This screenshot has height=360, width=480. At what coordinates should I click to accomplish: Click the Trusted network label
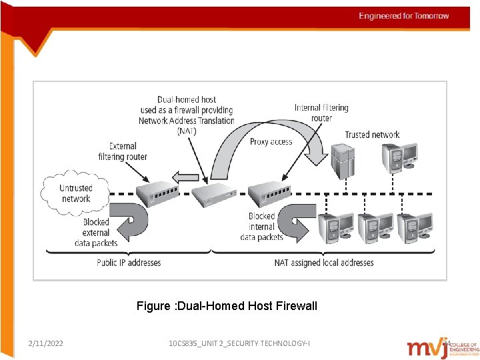tap(372, 135)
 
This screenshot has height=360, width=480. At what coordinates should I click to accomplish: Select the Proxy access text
tap(271, 142)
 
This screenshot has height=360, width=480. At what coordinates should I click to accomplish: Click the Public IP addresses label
tap(129, 263)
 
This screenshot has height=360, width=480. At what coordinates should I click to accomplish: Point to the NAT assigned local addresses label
tap(324, 263)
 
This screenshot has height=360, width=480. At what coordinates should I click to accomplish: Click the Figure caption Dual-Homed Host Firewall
tap(227, 306)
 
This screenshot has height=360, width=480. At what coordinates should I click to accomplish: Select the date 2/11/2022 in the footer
tap(46, 343)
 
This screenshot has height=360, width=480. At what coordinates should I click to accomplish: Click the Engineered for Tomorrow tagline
tap(404, 16)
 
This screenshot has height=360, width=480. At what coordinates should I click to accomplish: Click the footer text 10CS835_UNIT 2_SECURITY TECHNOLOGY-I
tap(239, 343)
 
